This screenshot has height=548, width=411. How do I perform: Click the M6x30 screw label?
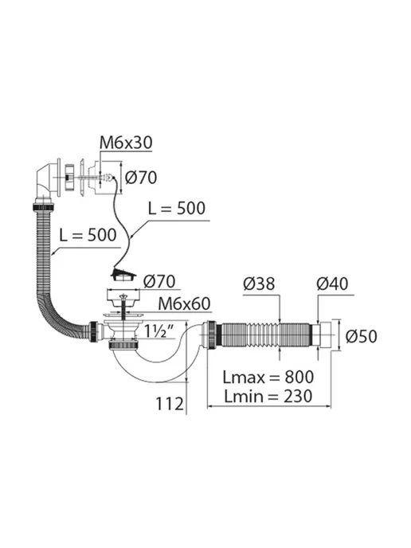click(126, 143)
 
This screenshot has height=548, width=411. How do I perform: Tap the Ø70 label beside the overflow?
click(141, 178)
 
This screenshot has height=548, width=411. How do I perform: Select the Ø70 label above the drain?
click(159, 281)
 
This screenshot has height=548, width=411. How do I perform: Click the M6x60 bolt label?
click(184, 304)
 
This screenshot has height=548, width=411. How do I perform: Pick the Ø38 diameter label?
click(259, 284)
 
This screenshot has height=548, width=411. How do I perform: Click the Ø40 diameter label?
click(332, 284)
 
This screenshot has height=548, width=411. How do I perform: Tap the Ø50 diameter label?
click(362, 337)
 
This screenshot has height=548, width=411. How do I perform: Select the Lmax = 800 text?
click(268, 377)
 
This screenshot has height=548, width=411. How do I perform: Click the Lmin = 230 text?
click(268, 397)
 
